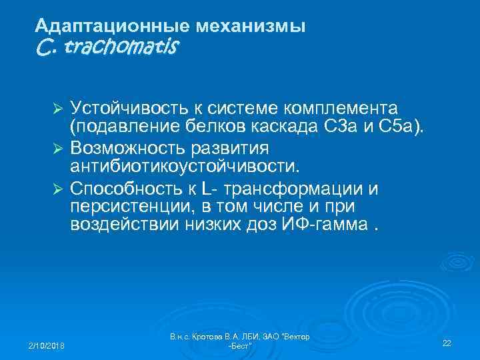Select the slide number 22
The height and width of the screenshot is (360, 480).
click(447, 343)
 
